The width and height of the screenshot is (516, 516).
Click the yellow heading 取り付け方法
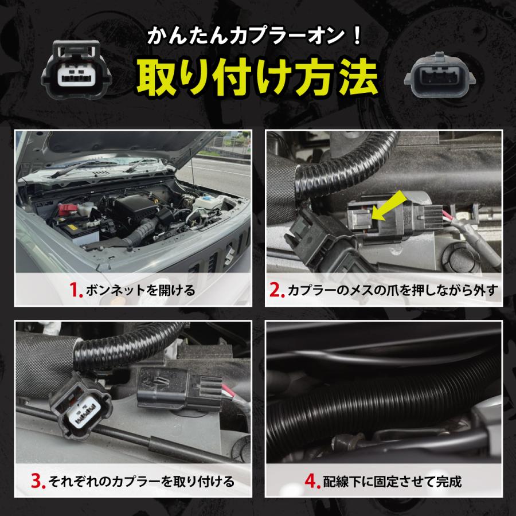257,77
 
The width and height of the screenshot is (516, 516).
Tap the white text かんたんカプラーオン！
255,36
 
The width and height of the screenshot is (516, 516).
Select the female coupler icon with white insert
76,69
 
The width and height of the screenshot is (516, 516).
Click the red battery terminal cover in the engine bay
68,208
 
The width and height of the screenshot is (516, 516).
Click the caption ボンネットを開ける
140,290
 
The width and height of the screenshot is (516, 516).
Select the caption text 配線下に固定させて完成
392,482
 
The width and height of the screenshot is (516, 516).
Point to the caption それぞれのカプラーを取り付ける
142,482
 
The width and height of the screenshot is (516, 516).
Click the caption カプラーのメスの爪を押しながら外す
393,290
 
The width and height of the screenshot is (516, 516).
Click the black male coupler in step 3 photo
179,388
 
